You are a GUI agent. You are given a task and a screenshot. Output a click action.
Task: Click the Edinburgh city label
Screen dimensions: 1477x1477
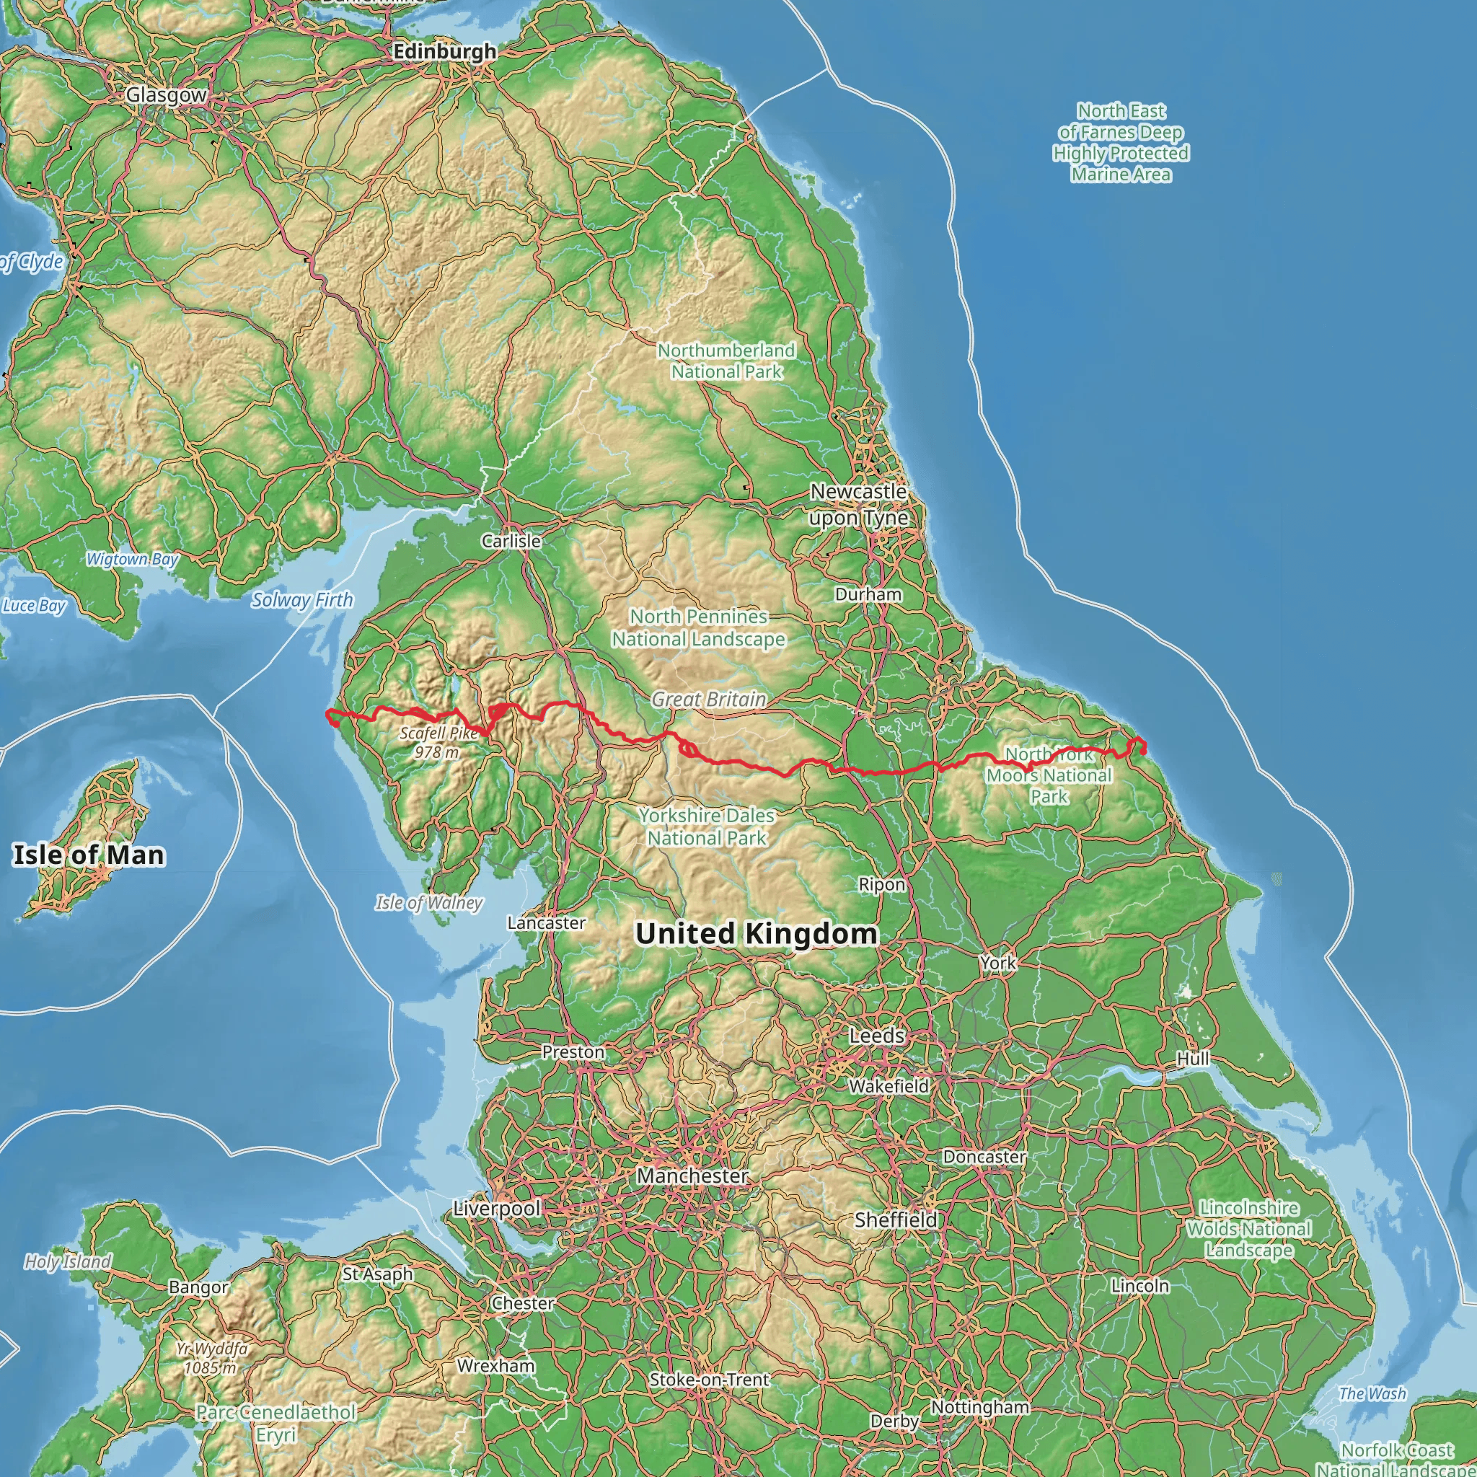tap(444, 51)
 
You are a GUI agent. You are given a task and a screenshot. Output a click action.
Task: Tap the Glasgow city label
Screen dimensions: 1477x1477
tap(166, 94)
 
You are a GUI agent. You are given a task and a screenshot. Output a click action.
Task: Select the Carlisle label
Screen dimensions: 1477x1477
tap(511, 540)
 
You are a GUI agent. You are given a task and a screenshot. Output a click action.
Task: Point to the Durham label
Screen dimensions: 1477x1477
tap(868, 594)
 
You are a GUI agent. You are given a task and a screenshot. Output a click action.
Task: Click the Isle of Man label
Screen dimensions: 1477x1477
tap(89, 855)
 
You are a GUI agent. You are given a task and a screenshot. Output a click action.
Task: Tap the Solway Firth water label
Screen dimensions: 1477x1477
tap(302, 600)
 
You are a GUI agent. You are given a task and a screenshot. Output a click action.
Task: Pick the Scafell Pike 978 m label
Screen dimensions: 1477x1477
tap(438, 742)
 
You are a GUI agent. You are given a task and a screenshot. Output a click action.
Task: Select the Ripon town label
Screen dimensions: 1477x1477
tap(881, 884)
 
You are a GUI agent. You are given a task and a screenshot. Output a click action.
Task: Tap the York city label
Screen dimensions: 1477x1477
tap(997, 964)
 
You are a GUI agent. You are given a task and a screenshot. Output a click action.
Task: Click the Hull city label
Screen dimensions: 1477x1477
tap(1193, 1059)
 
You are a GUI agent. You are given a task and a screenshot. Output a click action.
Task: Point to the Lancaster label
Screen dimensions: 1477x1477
tap(546, 922)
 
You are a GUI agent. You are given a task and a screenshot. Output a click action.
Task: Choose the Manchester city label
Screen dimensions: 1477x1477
tap(692, 1175)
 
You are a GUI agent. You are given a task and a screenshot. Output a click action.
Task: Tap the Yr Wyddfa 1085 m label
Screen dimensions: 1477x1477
tap(211, 1358)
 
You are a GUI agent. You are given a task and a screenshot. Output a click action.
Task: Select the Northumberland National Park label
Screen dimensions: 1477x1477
tap(726, 361)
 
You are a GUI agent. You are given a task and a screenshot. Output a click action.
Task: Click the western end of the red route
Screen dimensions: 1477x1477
tap(328, 714)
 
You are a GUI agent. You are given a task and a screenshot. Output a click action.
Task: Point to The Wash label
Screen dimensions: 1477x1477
tap(1372, 1393)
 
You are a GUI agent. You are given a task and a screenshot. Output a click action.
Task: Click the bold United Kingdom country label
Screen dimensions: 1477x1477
tap(756, 933)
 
